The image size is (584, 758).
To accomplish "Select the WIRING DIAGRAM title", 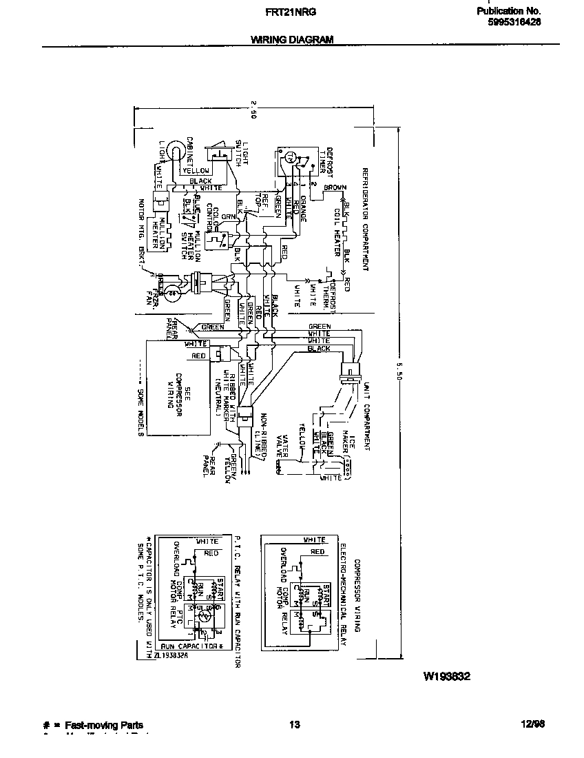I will (292, 40).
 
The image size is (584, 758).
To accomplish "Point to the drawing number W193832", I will (446, 677).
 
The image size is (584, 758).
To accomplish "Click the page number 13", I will (295, 725).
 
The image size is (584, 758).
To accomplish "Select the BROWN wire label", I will (335, 187).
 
